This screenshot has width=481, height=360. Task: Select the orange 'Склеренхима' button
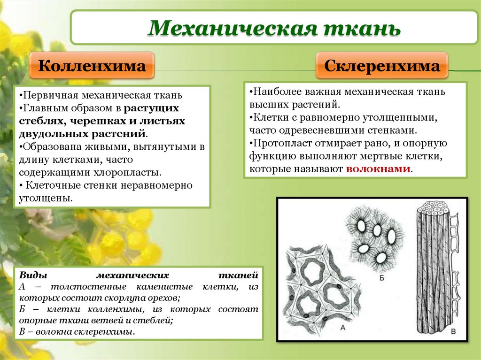382,66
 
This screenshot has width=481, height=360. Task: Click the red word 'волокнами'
378,169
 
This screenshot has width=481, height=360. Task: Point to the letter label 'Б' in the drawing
381,278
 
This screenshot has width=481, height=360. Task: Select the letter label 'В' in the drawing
453,332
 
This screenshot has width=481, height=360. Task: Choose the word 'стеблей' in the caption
155,321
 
